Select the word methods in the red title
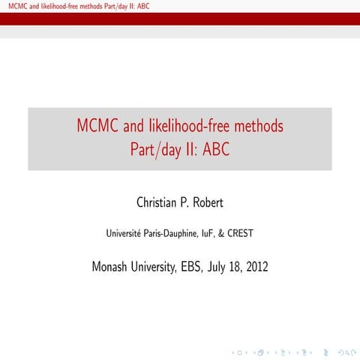coord(257,126)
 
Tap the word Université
coord(127,233)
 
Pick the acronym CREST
coord(238,233)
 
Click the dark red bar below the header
coord(180,19)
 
